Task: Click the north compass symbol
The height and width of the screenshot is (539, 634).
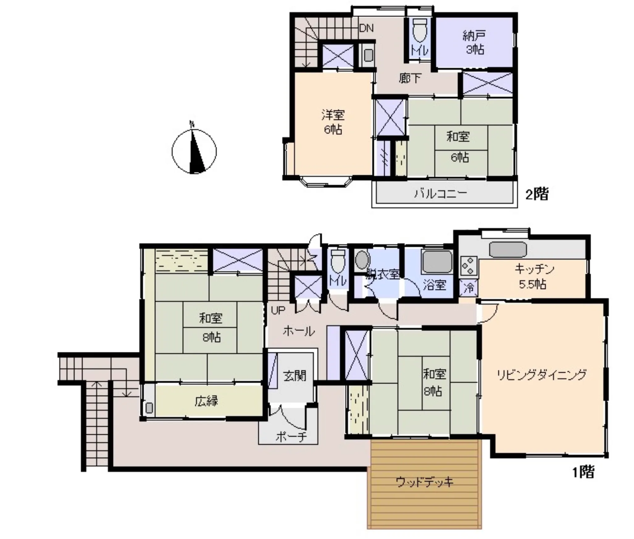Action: (x=194, y=150)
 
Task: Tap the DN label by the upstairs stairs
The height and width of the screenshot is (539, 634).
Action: (x=366, y=28)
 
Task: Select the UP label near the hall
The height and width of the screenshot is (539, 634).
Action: (x=278, y=310)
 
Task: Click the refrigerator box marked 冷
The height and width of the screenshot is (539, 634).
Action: (x=469, y=288)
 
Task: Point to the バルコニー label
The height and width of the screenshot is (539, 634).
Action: (x=440, y=194)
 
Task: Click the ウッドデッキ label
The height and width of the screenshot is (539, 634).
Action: (x=425, y=482)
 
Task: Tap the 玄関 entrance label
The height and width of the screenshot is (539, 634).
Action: (x=294, y=376)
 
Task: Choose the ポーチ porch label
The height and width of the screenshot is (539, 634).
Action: (x=291, y=436)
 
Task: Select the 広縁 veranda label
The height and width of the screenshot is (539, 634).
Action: (x=206, y=401)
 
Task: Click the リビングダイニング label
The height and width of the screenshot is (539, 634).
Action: (x=541, y=375)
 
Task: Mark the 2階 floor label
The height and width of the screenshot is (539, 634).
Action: (x=537, y=194)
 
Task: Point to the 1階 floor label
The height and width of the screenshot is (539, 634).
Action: (x=583, y=472)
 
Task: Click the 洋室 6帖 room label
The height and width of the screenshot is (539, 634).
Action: (x=333, y=122)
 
